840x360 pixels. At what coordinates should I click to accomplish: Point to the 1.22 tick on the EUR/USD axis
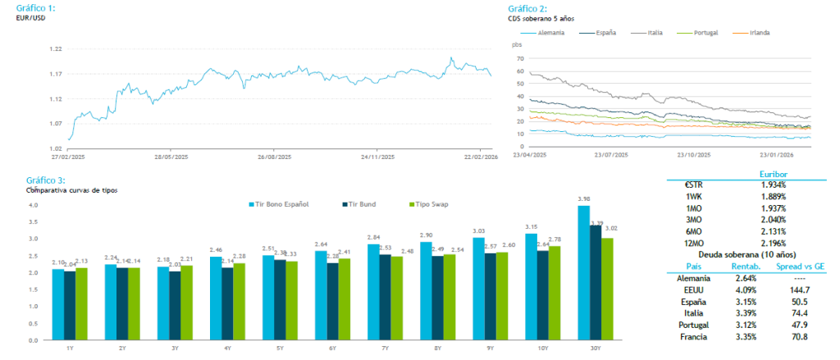56,49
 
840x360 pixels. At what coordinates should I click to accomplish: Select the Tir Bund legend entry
357,203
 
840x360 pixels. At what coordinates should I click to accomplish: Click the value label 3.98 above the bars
584,199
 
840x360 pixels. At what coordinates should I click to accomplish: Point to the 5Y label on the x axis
281,348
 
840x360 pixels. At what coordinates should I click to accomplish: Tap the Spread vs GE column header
798,267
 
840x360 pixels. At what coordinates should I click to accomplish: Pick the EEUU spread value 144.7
798,289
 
